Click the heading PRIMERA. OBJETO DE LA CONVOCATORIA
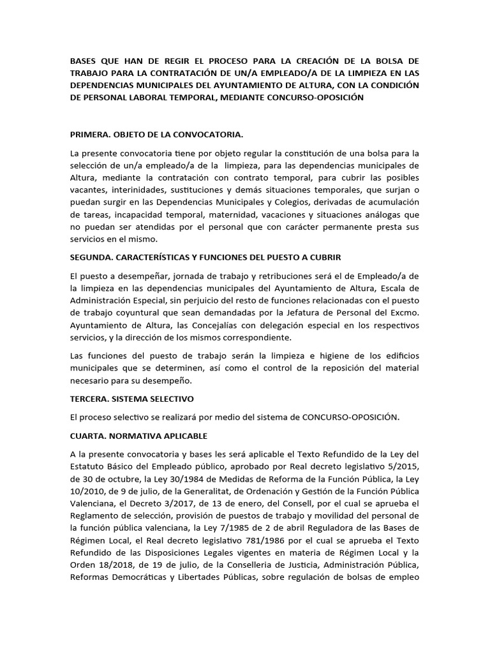click(156, 135)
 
